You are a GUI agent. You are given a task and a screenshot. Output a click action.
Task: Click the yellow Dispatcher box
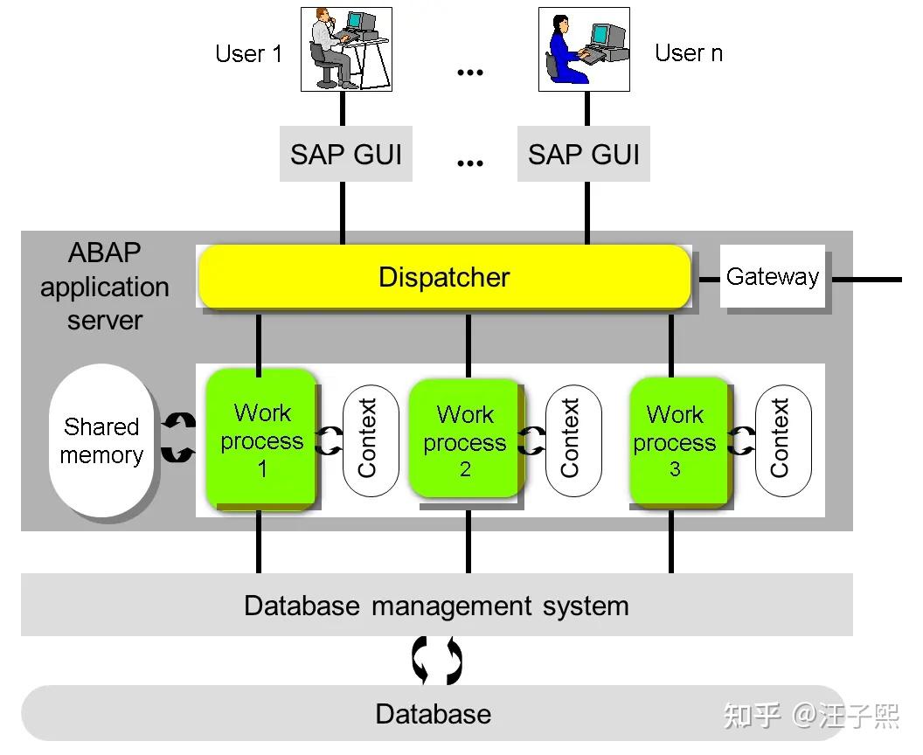coord(444,277)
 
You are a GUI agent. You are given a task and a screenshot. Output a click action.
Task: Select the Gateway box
coord(773,277)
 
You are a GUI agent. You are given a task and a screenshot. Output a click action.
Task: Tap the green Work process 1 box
coord(261,440)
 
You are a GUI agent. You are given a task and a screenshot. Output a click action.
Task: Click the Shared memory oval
coord(101,440)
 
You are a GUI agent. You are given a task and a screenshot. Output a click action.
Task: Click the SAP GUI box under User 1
coord(345,155)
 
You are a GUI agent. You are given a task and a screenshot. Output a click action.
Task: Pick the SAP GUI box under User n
coord(583,155)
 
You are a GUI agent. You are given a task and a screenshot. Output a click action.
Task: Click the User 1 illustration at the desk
coord(346,49)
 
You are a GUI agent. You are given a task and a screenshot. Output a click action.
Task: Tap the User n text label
coord(689,53)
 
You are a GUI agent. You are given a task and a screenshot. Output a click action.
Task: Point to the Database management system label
coord(436,606)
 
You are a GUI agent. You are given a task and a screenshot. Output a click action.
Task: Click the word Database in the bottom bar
coord(433,714)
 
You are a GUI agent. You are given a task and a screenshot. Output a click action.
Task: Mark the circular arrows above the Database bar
coord(436,661)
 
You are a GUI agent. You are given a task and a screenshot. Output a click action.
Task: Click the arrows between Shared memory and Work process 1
coord(178,439)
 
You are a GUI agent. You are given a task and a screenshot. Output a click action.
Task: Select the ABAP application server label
coord(105,287)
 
